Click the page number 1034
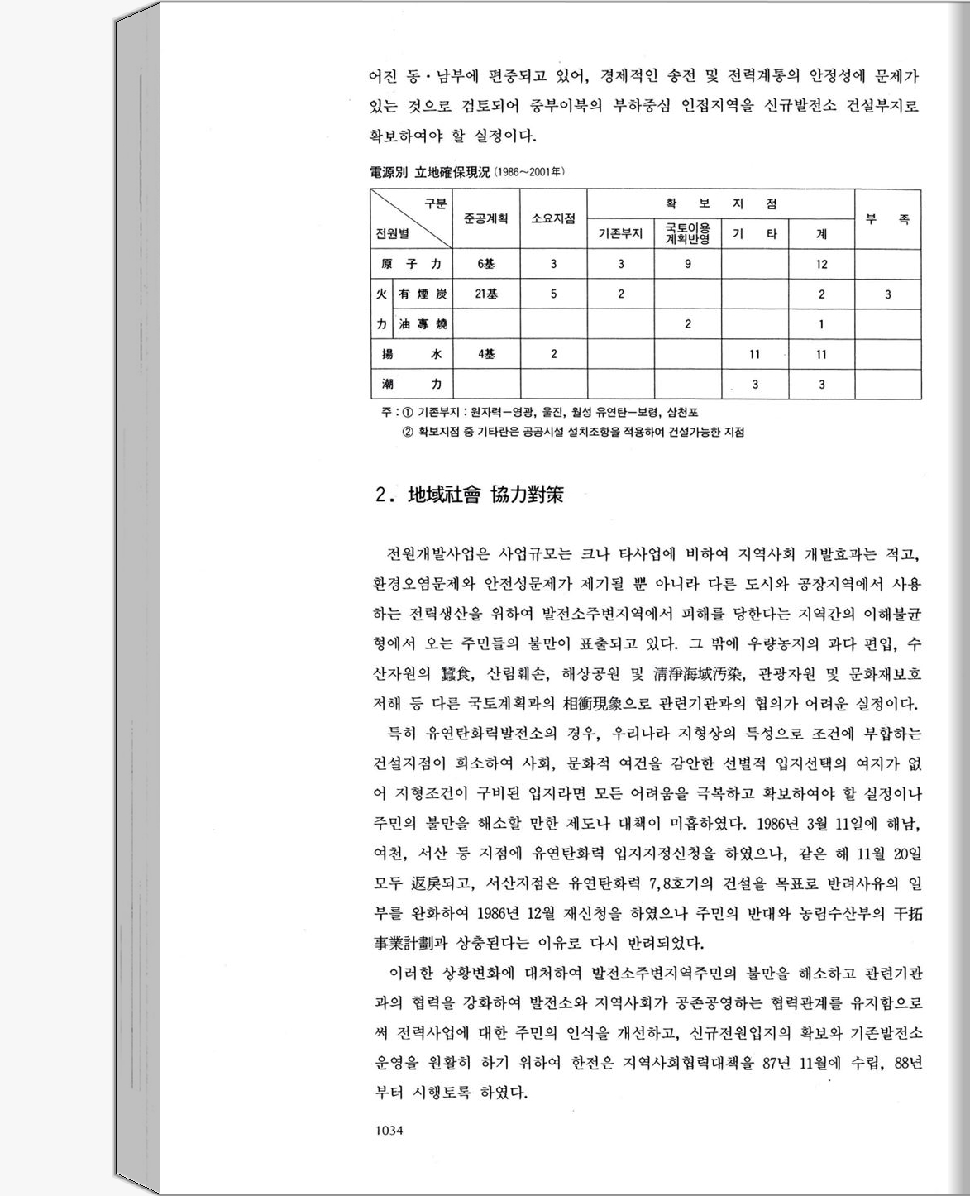point(388,1130)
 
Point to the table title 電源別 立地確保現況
point(428,173)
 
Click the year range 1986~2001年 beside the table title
point(530,173)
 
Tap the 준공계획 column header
point(485,219)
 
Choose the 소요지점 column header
point(553,219)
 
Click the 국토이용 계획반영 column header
point(687,234)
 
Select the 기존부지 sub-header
point(620,234)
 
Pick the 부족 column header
point(887,219)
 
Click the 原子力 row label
point(411,265)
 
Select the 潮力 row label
point(411,385)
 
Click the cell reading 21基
point(485,294)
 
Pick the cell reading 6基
point(485,265)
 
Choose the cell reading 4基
point(485,354)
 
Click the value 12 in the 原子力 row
point(821,265)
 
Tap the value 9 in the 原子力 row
point(687,265)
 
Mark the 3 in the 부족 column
point(887,294)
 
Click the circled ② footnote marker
point(408,432)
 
